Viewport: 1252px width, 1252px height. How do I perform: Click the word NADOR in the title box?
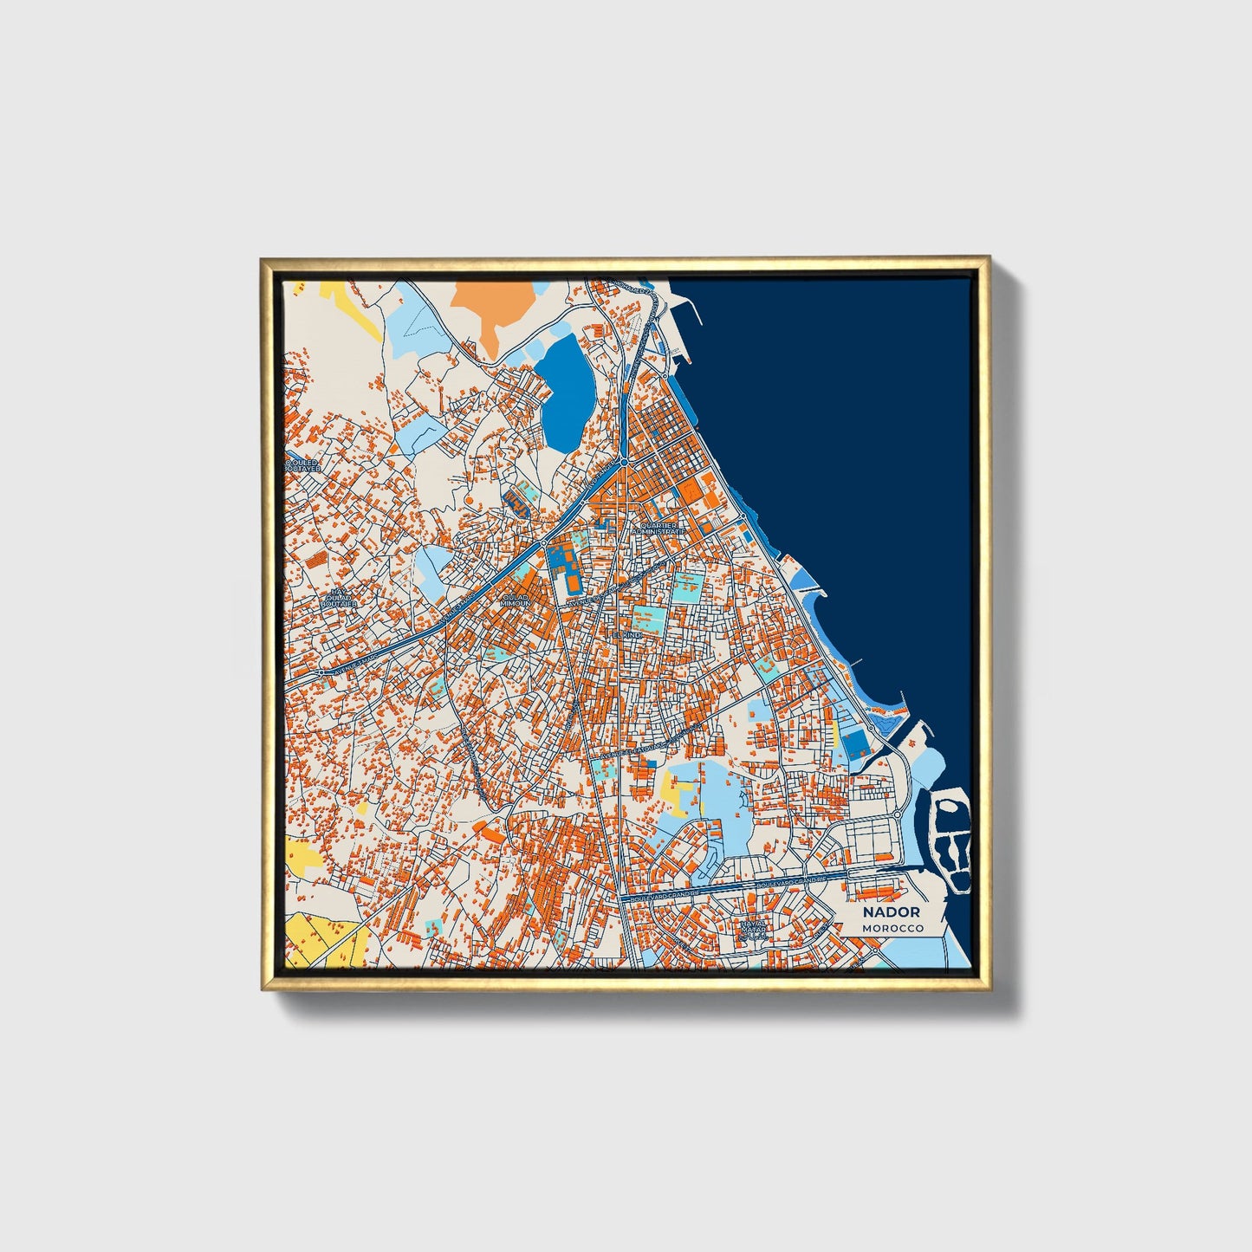(891, 912)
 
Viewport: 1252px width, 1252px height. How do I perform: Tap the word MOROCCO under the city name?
(892, 928)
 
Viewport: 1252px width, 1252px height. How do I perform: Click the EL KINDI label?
(626, 635)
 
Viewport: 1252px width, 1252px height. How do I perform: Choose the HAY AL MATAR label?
(753, 930)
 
